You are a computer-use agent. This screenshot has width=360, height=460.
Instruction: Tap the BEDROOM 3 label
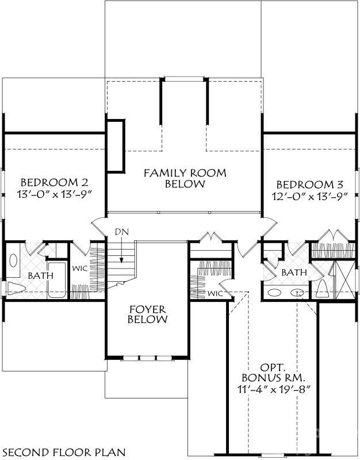[310, 185]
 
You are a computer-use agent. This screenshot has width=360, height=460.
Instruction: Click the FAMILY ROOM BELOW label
[185, 178]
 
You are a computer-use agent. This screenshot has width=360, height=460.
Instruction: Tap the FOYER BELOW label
[147, 313]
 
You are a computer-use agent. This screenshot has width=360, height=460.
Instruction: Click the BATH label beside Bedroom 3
[293, 272]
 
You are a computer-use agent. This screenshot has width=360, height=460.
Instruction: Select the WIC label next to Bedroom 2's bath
[79, 268]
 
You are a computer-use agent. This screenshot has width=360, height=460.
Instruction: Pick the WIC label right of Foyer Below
[215, 293]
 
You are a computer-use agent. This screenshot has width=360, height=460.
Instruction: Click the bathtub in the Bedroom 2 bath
[56, 280]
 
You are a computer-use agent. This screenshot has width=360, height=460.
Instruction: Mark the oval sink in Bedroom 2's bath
[13, 260]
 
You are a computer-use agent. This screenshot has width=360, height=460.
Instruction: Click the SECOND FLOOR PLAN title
[63, 451]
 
